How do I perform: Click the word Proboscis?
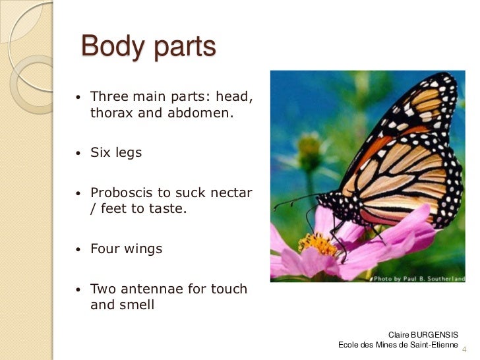(121, 193)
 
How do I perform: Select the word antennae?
(150, 289)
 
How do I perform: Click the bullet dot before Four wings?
(78, 251)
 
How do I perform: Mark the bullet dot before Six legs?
(78, 154)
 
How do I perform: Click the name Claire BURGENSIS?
(423, 335)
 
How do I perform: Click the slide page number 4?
(464, 349)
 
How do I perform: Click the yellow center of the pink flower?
(318, 244)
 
